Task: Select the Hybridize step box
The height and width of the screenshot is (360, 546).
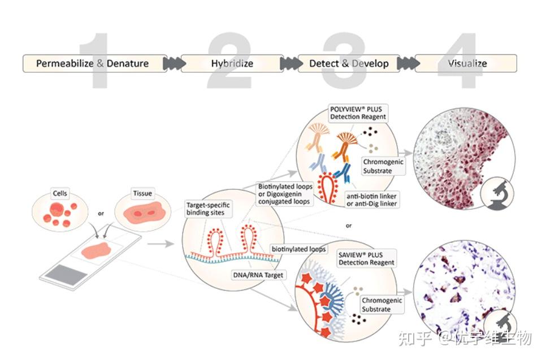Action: tap(232, 63)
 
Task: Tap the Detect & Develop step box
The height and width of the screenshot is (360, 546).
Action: tap(349, 63)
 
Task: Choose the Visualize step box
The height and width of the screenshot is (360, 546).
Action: tap(466, 63)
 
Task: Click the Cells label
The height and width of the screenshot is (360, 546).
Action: tap(60, 193)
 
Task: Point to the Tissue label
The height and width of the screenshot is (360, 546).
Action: tap(142, 193)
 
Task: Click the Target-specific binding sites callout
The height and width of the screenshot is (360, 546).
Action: tap(208, 209)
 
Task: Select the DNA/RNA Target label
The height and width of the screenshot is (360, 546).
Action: tap(258, 275)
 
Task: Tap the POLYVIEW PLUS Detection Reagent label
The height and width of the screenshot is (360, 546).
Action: tap(358, 113)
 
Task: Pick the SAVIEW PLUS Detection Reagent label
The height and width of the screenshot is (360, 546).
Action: tap(366, 259)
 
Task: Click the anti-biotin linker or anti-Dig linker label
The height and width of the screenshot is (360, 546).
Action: tap(371, 200)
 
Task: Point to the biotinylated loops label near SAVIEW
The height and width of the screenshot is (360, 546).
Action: tap(299, 249)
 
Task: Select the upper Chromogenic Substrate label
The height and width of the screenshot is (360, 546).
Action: tap(383, 166)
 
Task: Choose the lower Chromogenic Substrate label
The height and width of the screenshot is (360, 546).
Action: tap(382, 305)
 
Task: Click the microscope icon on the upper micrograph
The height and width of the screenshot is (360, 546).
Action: tap(497, 193)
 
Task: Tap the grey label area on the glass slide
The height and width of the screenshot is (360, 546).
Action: tap(67, 275)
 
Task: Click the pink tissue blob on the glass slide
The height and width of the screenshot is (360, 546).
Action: tap(97, 251)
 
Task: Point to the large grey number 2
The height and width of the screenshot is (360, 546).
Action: tap(230, 60)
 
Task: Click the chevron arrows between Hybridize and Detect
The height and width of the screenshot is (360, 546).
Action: tap(291, 63)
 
